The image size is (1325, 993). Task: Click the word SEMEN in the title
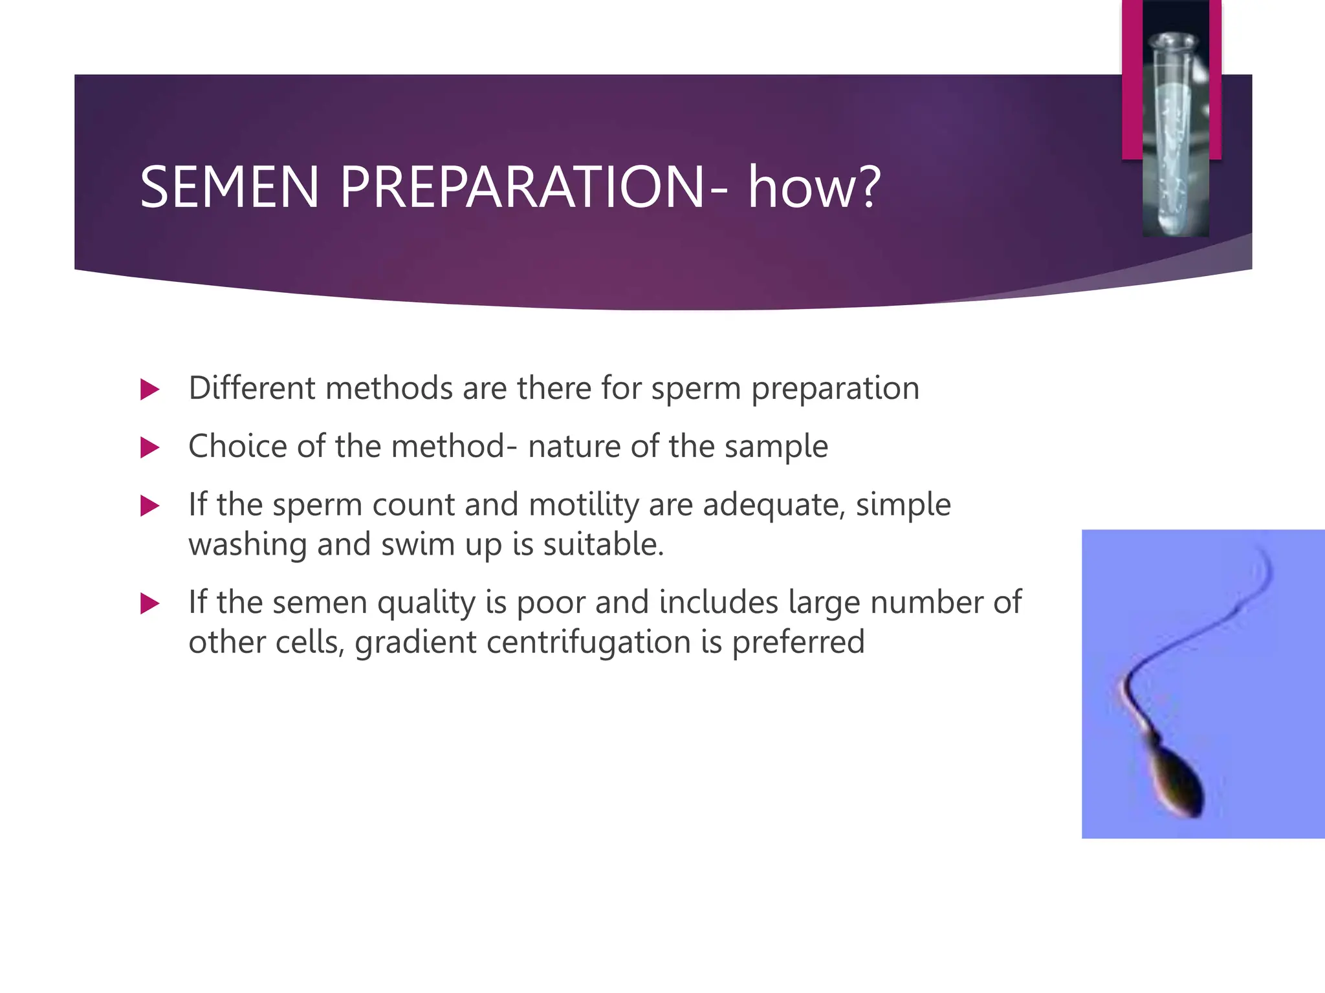pyautogui.click(x=229, y=187)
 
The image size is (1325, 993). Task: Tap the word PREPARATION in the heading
pyautogui.click(x=522, y=187)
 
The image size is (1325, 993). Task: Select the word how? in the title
pyautogui.click(x=814, y=187)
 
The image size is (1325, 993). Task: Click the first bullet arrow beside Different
pyautogui.click(x=149, y=390)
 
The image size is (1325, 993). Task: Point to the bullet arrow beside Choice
pyautogui.click(x=149, y=447)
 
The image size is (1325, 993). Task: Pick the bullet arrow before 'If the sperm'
pyautogui.click(x=149, y=506)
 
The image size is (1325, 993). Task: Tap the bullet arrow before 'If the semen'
pyautogui.click(x=149, y=604)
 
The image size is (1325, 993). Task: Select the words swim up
pyautogui.click(x=441, y=544)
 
